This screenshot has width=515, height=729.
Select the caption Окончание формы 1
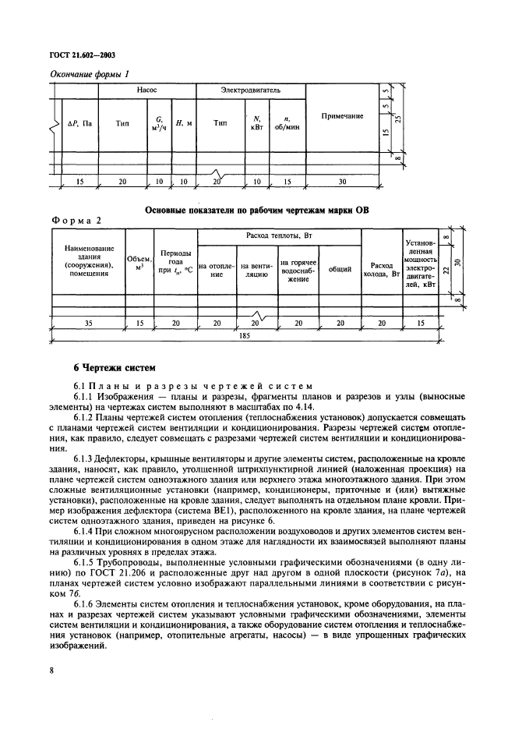click(89, 73)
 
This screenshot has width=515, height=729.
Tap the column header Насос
click(146, 90)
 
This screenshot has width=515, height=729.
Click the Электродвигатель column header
click(250, 90)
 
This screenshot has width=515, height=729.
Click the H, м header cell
click(184, 123)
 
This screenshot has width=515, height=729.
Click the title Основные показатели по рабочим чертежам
click(256, 210)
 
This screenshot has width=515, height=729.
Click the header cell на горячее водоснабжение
click(298, 270)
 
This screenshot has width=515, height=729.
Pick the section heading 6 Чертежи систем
click(107, 366)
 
